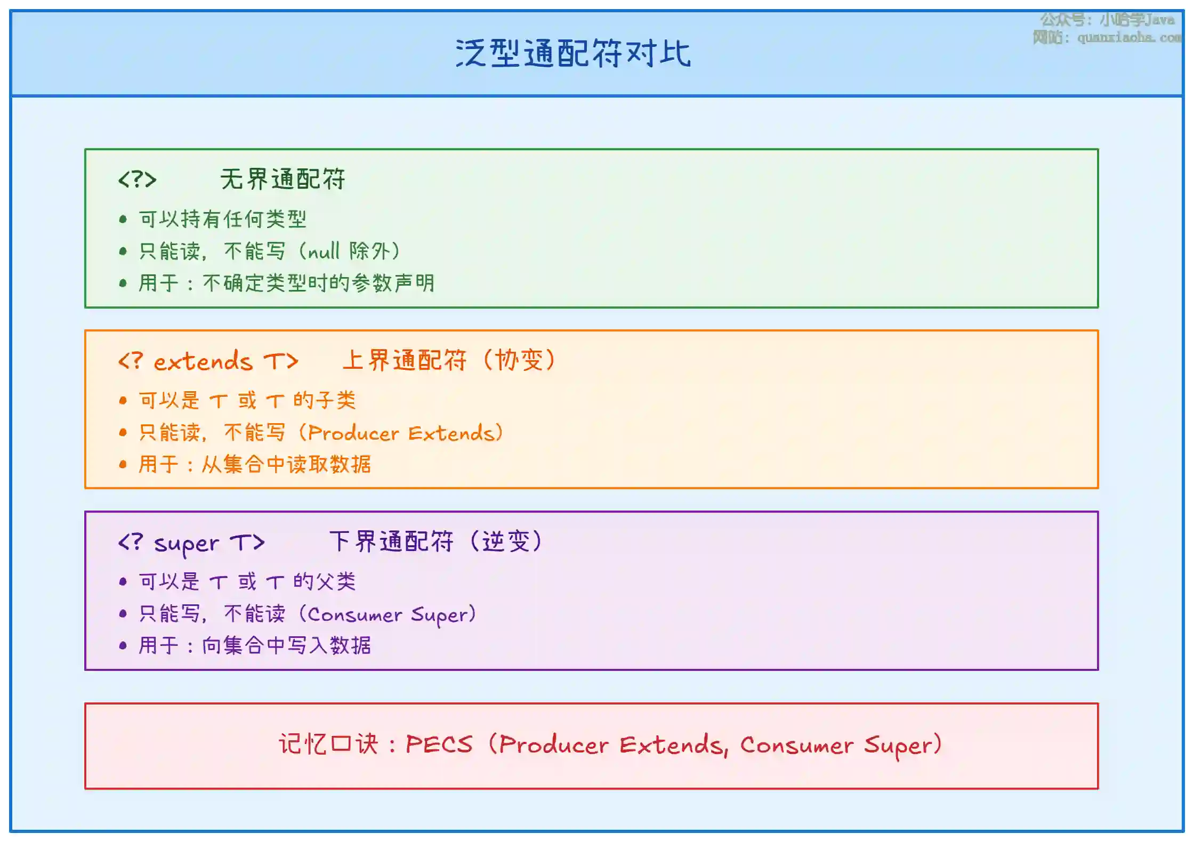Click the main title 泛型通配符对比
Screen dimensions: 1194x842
(x=573, y=53)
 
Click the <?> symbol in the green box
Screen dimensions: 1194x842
(x=137, y=180)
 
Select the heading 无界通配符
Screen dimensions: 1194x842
(x=283, y=179)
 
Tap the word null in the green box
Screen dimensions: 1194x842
(x=324, y=251)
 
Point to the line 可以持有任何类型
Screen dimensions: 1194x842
(x=222, y=218)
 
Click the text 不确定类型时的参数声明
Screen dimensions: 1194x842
(x=318, y=282)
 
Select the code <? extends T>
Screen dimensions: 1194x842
(x=208, y=361)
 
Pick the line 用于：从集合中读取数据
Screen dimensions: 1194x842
(x=254, y=464)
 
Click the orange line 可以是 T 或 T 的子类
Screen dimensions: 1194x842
(x=247, y=400)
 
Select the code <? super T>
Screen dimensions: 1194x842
(x=191, y=543)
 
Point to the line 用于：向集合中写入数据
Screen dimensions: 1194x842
(x=254, y=645)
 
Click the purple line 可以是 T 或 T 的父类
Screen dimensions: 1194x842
(x=247, y=581)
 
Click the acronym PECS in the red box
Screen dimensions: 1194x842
(x=439, y=744)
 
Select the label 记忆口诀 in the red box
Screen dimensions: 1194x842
(x=328, y=744)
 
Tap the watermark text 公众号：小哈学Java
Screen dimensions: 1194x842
(x=1107, y=20)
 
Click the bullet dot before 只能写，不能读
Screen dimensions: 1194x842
(x=123, y=613)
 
